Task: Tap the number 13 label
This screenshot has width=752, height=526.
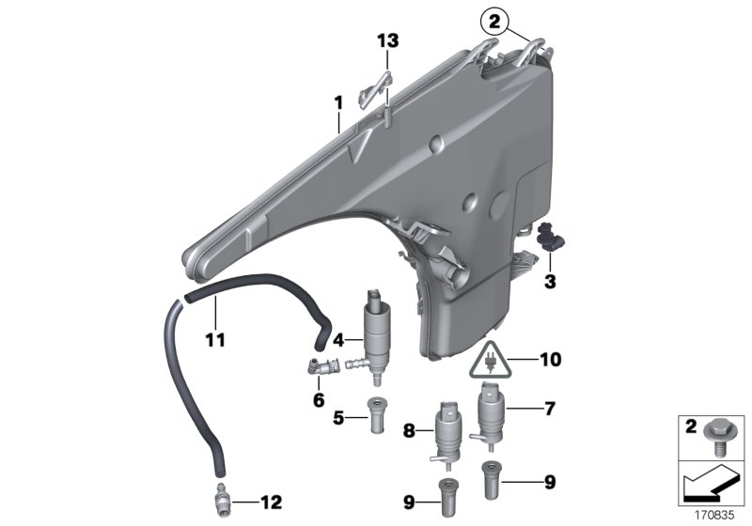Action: tap(388, 40)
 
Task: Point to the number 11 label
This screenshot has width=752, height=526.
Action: tap(215, 339)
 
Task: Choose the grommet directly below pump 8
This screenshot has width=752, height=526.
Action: tap(447, 494)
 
